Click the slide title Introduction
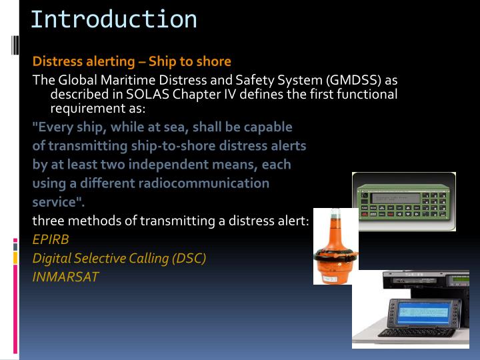pos(113,19)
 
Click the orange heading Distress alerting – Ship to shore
pos(132,61)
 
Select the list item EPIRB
pos(51,239)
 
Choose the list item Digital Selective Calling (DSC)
pos(119,258)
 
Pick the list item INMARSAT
pos(65,276)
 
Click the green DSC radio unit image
pos(403,201)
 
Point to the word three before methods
pos(49,221)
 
